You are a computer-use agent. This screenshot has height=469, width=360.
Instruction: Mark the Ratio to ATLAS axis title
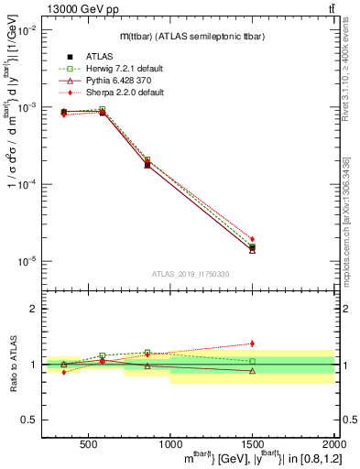[12, 364]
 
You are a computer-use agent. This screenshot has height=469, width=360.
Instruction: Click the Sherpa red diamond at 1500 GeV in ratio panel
[252, 344]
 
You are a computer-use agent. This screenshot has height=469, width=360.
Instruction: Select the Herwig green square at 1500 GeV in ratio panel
[252, 361]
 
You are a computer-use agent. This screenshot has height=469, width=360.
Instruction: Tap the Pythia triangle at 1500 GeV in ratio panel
[252, 371]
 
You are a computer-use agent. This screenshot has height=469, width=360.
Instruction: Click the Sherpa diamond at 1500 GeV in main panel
[252, 239]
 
